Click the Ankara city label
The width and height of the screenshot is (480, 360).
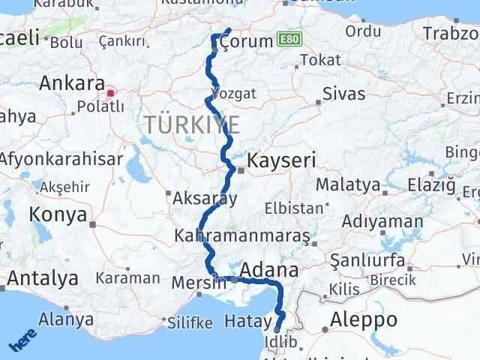point(72,82)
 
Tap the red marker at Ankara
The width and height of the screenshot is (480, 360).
point(111,94)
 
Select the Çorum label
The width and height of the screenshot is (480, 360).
point(247,41)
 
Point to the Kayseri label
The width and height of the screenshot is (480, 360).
point(282,160)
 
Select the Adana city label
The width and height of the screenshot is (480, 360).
point(269,269)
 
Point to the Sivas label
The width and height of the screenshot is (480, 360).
point(343,94)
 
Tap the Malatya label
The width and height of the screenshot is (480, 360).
point(348,184)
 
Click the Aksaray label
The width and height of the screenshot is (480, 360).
point(205,199)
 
